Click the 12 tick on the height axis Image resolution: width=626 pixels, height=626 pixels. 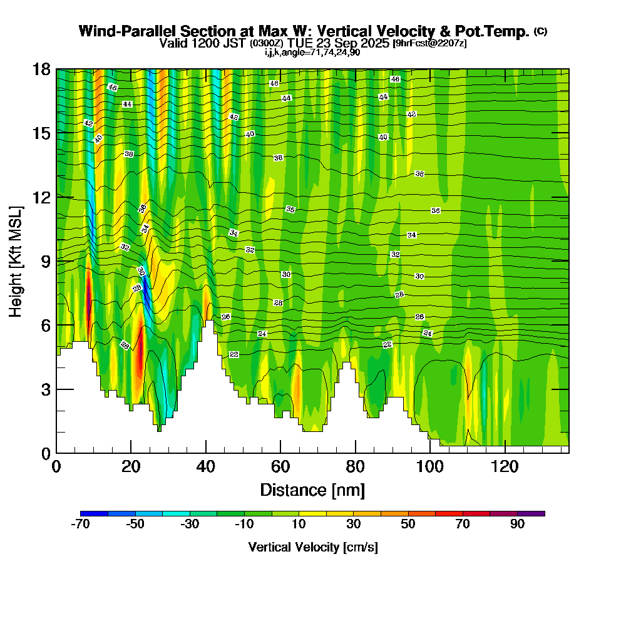(x=44, y=197)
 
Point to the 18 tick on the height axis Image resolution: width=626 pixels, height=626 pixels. (x=44, y=69)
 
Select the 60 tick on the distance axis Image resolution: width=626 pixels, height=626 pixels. (x=280, y=466)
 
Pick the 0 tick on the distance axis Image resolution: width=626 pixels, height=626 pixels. (x=56, y=466)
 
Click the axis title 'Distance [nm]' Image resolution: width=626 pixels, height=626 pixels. (x=312, y=490)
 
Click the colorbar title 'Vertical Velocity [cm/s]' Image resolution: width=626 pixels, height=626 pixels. (x=312, y=547)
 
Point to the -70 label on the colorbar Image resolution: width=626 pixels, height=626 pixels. (x=81, y=525)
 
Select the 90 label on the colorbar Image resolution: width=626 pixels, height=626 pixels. (x=517, y=525)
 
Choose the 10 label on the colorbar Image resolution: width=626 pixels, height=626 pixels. (x=299, y=525)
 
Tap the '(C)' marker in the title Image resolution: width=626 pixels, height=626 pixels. (x=541, y=31)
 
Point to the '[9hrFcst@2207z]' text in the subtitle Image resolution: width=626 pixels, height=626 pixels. (x=429, y=43)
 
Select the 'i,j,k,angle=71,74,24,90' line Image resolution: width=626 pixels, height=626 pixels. (x=312, y=52)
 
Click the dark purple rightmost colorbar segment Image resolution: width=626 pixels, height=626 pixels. (x=531, y=513)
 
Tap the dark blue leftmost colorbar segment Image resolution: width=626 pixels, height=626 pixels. (x=95, y=513)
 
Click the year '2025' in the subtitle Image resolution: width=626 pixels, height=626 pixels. (x=372, y=43)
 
